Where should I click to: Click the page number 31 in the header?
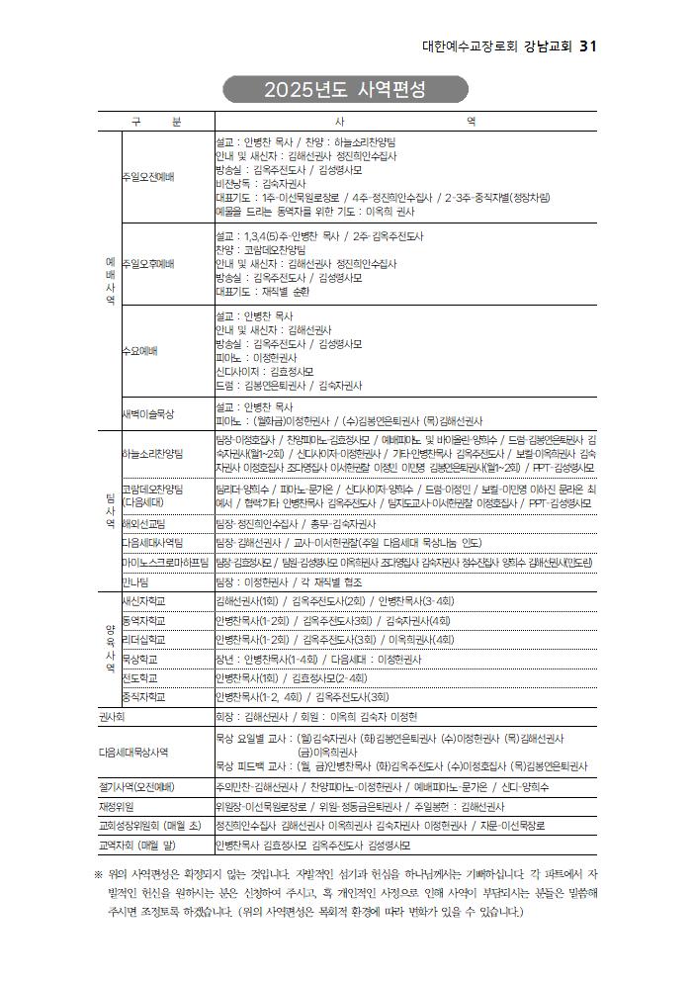click(587, 46)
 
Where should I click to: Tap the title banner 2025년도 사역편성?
click(345, 91)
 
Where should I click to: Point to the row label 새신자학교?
click(143, 601)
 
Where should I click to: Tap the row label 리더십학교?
click(143, 639)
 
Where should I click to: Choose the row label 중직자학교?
click(143, 696)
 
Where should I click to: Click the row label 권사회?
click(111, 716)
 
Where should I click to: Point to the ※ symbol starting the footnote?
click(99, 873)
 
